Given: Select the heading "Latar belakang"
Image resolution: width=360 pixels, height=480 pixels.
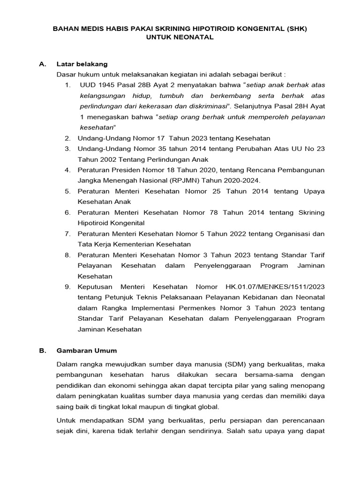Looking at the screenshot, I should [x=82, y=64].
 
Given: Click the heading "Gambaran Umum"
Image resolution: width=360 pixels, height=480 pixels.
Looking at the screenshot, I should [x=87, y=351].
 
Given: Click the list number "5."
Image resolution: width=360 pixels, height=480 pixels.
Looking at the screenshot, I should [x=68, y=191].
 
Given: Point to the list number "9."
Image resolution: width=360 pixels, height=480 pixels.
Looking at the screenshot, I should [x=68, y=287].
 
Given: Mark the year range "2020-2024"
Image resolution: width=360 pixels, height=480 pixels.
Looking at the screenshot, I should [x=241, y=180].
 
